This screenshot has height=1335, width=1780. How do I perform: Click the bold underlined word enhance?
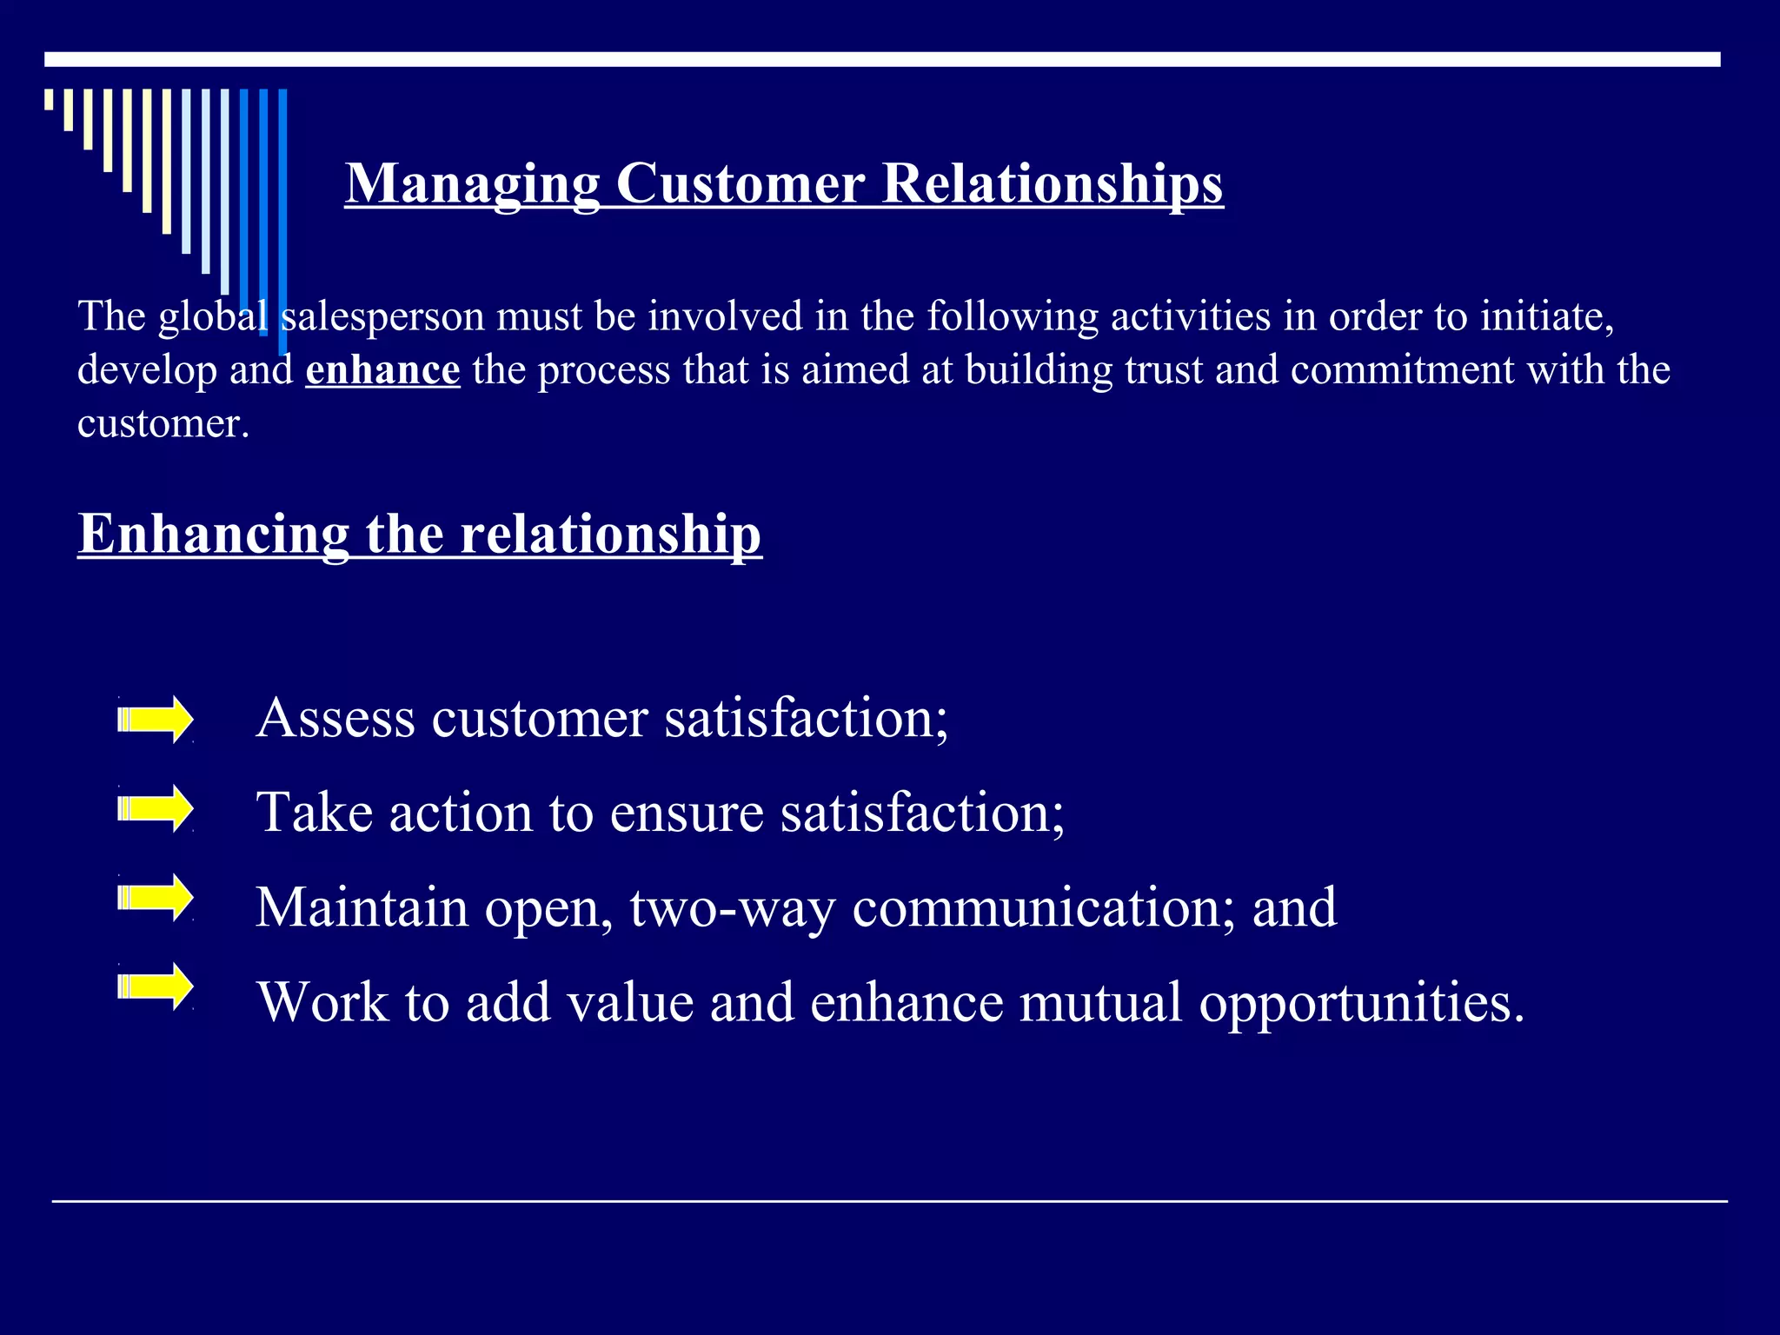click(x=382, y=370)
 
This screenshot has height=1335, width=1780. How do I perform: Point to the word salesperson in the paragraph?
click(x=382, y=316)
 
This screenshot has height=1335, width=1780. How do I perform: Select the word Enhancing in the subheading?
click(x=213, y=534)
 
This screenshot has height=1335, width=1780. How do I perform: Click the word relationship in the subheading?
click(x=610, y=534)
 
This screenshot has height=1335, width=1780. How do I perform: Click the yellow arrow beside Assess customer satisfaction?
click(x=156, y=720)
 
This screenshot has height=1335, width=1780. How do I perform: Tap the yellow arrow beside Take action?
click(x=156, y=809)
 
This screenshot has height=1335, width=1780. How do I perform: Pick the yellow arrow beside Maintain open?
click(x=156, y=897)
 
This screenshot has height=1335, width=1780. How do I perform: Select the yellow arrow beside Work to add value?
click(x=156, y=986)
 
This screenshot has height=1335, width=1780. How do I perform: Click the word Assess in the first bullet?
click(x=335, y=719)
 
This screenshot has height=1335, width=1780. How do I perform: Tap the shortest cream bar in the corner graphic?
click(x=50, y=99)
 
